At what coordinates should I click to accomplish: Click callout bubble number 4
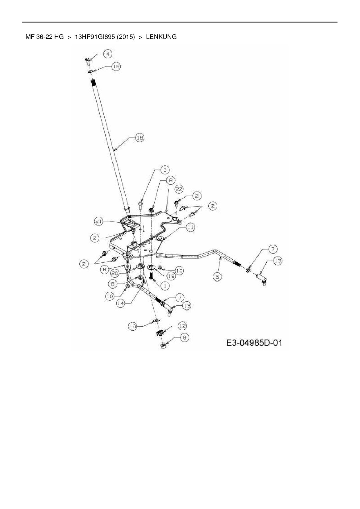(108, 54)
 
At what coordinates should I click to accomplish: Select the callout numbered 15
(116, 66)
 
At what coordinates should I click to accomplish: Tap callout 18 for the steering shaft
(140, 138)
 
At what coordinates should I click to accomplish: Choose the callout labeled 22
(179, 189)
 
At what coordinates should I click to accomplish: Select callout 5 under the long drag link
(217, 277)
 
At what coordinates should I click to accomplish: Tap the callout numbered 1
(165, 286)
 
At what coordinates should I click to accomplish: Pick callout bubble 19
(171, 276)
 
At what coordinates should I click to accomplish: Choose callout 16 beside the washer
(133, 326)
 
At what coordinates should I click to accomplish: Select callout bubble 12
(182, 326)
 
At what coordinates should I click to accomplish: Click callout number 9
(184, 337)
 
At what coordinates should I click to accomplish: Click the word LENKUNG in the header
(161, 37)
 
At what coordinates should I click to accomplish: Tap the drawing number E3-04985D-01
(254, 343)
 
